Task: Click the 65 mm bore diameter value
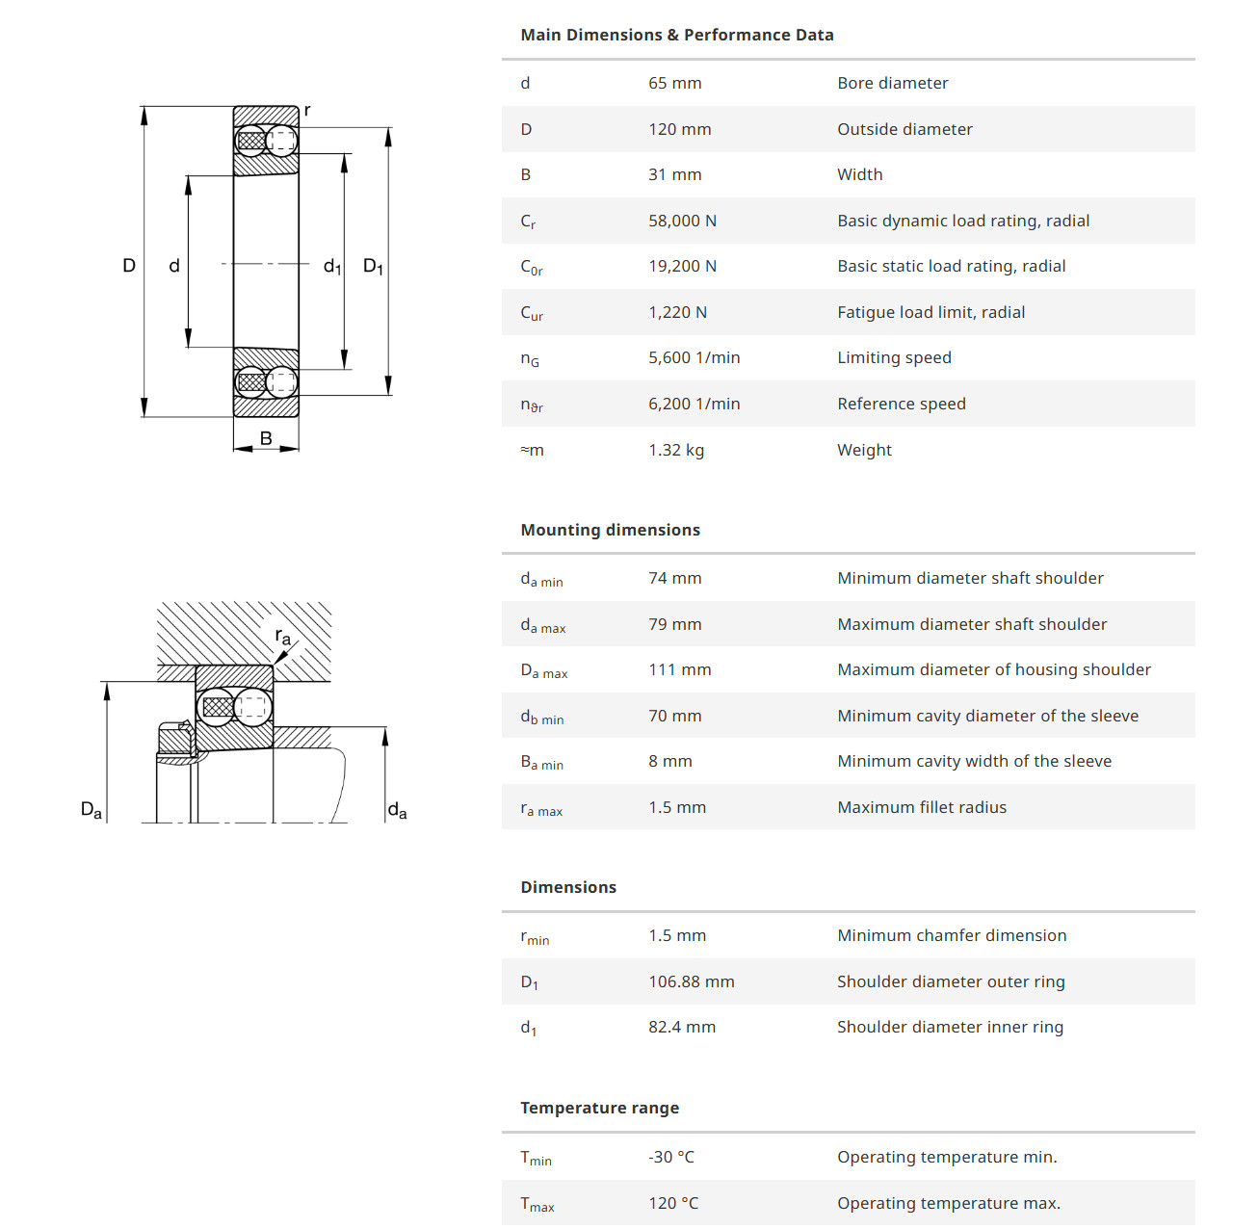[674, 83]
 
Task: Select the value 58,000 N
[682, 221]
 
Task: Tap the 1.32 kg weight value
[675, 450]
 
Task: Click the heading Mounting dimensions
[610, 530]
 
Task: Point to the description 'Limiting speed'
[894, 357]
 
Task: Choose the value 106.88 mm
[691, 981]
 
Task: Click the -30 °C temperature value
[670, 1157]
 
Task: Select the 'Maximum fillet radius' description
[921, 807]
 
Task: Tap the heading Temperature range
[599, 1108]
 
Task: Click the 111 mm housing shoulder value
[679, 669]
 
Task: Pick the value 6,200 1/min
[694, 404]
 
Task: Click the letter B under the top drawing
[266, 438]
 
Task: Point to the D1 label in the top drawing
[373, 266]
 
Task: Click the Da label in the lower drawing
[92, 810]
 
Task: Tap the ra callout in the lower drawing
[282, 636]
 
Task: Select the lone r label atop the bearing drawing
[307, 111]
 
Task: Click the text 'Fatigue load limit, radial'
[930, 312]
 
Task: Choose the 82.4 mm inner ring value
[681, 1027]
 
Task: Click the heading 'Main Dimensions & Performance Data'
[676, 35]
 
